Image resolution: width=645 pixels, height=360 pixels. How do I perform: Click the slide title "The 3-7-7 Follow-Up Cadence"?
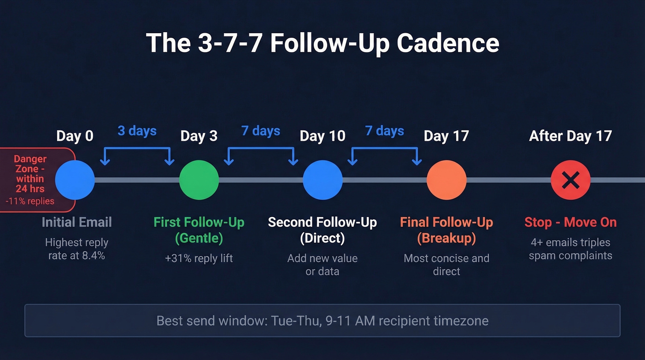(322, 43)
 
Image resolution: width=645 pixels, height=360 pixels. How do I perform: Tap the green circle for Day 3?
(199, 180)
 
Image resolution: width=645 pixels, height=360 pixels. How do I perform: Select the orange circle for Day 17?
(446, 180)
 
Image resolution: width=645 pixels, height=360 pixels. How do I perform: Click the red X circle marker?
(570, 180)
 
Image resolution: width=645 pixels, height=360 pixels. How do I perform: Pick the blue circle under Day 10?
(322, 180)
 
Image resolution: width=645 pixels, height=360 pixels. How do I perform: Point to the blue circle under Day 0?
(75, 180)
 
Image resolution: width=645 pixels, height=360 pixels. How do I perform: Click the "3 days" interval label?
(137, 131)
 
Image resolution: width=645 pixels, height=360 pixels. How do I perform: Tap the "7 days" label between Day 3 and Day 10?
(261, 131)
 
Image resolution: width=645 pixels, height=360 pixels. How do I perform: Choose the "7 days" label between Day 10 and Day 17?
(385, 131)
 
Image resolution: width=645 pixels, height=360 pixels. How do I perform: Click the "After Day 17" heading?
(570, 136)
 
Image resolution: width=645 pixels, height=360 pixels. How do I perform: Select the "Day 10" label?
(322, 136)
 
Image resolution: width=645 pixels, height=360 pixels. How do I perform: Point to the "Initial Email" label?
(77, 222)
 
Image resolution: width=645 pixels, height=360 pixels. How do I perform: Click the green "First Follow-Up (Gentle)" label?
(199, 230)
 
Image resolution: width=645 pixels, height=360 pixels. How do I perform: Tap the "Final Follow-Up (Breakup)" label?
(446, 230)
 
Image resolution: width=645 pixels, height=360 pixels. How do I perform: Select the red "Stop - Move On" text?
(570, 222)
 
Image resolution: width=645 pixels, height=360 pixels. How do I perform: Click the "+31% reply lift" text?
(199, 258)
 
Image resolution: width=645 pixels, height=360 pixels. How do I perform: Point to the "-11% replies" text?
(30, 201)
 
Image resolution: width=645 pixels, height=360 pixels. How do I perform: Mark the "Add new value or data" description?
(322, 265)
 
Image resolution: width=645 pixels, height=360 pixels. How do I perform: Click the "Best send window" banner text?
(322, 320)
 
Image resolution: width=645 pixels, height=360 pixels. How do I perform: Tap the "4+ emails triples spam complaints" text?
(570, 249)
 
